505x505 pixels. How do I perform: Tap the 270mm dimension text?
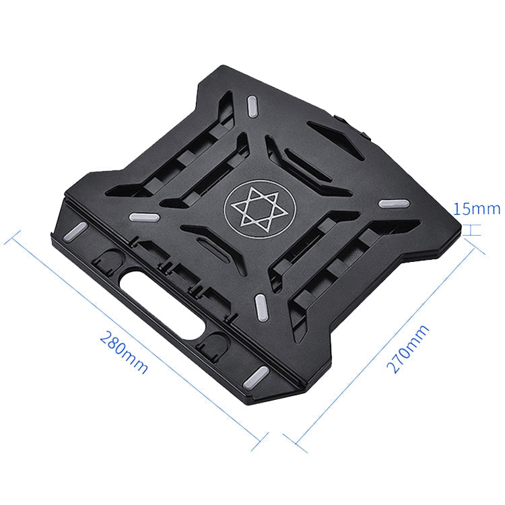(408, 349)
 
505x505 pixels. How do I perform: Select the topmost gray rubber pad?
(255, 105)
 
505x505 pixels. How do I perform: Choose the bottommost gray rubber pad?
(256, 376)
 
